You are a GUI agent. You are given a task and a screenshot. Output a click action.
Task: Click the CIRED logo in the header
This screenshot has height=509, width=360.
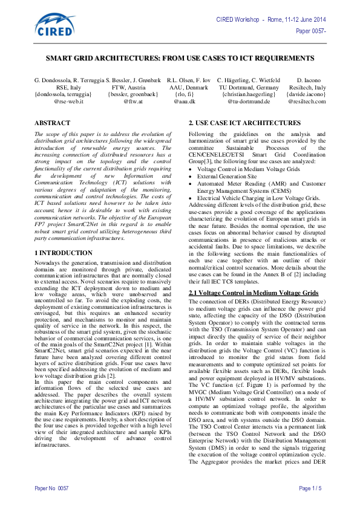[54, 24]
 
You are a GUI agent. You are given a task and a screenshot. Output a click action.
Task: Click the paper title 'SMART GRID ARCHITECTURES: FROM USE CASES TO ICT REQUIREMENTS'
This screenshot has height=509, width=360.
[180, 62]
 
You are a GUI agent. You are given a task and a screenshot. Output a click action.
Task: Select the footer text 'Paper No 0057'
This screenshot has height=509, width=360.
[52, 487]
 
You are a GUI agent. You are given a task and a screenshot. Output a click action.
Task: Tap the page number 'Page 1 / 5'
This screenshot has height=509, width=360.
[310, 487]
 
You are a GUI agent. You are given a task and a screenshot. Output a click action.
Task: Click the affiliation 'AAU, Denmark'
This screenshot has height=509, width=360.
[184, 88]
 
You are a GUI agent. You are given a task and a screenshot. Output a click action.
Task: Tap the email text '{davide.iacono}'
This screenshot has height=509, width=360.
[306, 94]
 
